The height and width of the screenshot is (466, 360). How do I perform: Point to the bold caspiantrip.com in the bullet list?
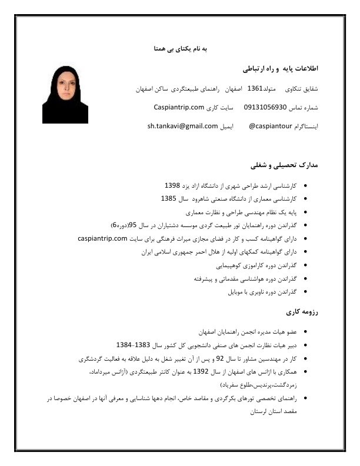click(x=103, y=238)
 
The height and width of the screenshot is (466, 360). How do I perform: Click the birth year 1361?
click(x=255, y=89)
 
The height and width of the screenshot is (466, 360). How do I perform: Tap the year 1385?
click(x=169, y=199)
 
